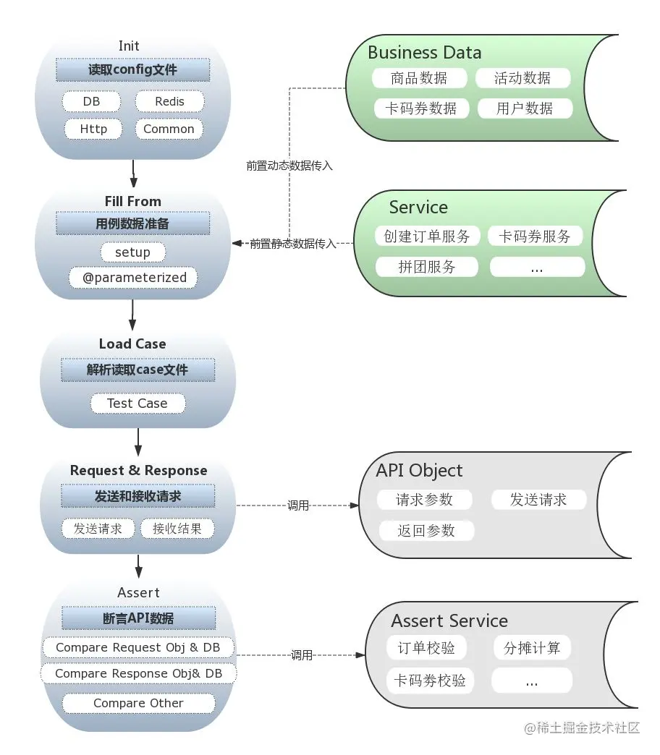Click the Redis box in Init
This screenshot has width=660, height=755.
(169, 101)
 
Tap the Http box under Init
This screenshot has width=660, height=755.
(93, 129)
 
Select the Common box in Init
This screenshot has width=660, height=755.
(169, 129)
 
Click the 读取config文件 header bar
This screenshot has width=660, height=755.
(132, 70)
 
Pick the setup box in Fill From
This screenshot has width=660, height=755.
(132, 252)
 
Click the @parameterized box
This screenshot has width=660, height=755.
(133, 278)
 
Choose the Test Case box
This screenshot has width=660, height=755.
(137, 404)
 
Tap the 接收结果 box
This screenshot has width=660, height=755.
(177, 529)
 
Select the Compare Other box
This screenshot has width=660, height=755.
(138, 703)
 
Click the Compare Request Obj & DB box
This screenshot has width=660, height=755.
(137, 648)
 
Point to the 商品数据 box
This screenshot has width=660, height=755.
(419, 78)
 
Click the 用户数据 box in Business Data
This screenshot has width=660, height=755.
(525, 108)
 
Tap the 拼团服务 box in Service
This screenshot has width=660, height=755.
(427, 267)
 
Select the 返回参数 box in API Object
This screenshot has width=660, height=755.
(426, 531)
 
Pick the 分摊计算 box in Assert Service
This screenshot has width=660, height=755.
(532, 648)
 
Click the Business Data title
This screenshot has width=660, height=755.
(424, 53)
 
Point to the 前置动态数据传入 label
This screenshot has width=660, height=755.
(289, 166)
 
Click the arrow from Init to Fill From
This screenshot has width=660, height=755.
(133, 174)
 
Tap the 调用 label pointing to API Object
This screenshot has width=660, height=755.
(298, 506)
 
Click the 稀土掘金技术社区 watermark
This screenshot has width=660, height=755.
(582, 728)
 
